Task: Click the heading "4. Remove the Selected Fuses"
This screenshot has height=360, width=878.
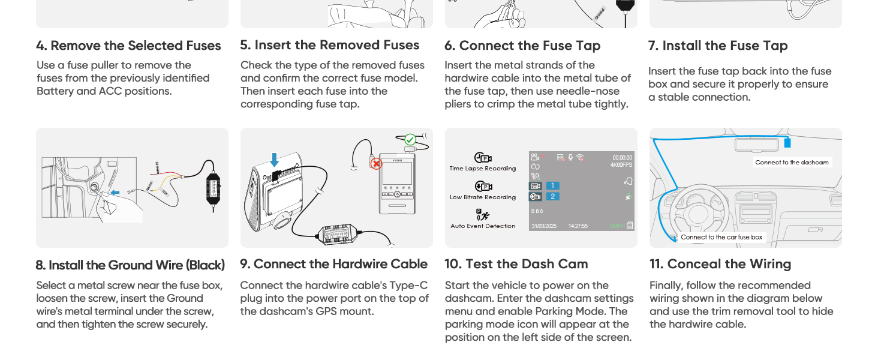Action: pos(128,46)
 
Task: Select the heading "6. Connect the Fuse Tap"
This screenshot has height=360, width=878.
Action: pos(522,46)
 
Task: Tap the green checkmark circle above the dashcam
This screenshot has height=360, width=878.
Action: pos(410,140)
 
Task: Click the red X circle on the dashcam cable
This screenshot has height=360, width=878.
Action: pos(376,163)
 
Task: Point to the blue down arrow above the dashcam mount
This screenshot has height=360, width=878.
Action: pos(274,160)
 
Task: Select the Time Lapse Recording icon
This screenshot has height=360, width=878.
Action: pos(483,158)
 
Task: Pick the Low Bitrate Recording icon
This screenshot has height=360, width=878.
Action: pos(483,187)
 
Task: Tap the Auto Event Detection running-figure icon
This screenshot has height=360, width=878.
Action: pos(483,215)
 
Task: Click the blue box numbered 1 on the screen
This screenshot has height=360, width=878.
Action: pos(552,186)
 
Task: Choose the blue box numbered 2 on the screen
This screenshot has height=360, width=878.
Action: pos(552,196)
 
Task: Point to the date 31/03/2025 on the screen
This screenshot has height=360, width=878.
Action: pos(544,226)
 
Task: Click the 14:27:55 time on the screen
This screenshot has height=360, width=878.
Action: pos(578,226)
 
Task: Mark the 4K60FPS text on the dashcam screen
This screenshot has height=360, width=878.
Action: pos(621,165)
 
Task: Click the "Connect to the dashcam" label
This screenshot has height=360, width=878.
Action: pos(792,163)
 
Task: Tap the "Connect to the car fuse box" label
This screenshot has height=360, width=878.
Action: pos(721,237)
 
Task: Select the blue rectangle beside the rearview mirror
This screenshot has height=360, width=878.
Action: pos(787,142)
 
